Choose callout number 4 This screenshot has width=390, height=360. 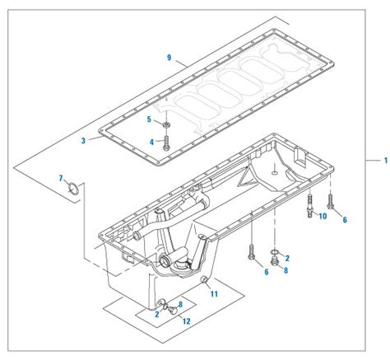point(151,142)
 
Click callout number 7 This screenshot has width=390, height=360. point(60,178)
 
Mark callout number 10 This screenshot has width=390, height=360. point(323,216)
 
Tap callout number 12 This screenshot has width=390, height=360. point(187,320)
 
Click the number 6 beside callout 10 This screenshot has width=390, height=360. point(344,219)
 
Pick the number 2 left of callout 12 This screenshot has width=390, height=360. point(156,313)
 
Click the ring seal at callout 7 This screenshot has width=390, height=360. point(73,192)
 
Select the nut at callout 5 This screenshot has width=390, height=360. point(166,124)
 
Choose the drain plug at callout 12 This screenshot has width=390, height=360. point(167,311)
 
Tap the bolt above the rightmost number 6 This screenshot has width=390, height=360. point(330,199)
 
